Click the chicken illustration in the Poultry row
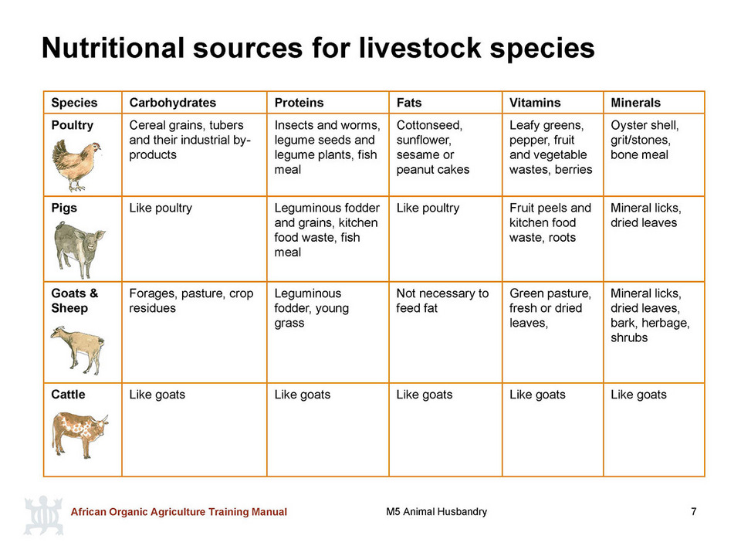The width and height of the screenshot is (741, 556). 76,165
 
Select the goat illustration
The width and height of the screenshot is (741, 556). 77,350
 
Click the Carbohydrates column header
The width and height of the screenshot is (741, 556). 172,103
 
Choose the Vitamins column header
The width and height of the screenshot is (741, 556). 535,103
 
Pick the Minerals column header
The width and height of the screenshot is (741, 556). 635,103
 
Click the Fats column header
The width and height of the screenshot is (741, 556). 409,103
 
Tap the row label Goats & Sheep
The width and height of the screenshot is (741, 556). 75,300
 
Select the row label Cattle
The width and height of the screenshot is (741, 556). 68,395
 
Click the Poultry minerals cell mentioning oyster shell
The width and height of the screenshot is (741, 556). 645,140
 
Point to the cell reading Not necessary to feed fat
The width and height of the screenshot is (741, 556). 442,300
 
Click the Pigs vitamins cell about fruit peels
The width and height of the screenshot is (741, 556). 550,222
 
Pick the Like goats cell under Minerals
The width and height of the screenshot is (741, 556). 638,395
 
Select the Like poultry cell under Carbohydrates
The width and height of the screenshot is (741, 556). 161,208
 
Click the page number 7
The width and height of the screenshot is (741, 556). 693,511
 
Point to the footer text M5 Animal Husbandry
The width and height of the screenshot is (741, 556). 436,511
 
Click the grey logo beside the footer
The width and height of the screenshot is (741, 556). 43,515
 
